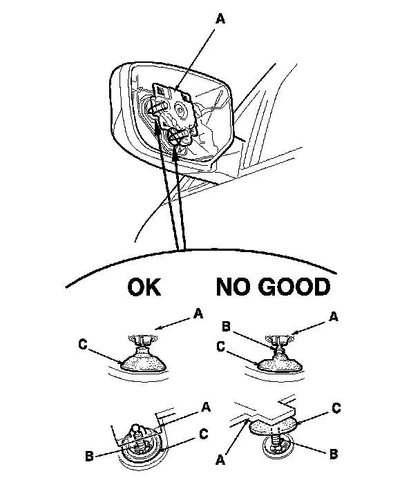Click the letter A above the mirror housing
click(221, 20)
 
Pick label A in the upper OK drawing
click(199, 314)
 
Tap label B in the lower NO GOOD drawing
click(334, 454)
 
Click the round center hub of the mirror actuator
click(184, 108)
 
